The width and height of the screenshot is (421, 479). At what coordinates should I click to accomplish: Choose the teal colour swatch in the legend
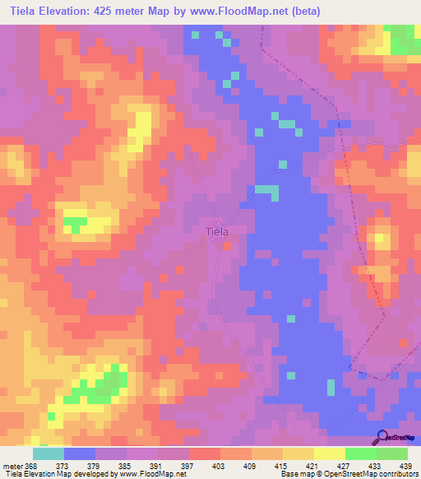49,453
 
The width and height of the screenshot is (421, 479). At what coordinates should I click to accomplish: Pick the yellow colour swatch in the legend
330,453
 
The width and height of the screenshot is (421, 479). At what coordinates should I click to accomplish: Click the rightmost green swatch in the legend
392,453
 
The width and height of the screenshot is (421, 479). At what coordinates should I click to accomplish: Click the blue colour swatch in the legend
80,453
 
